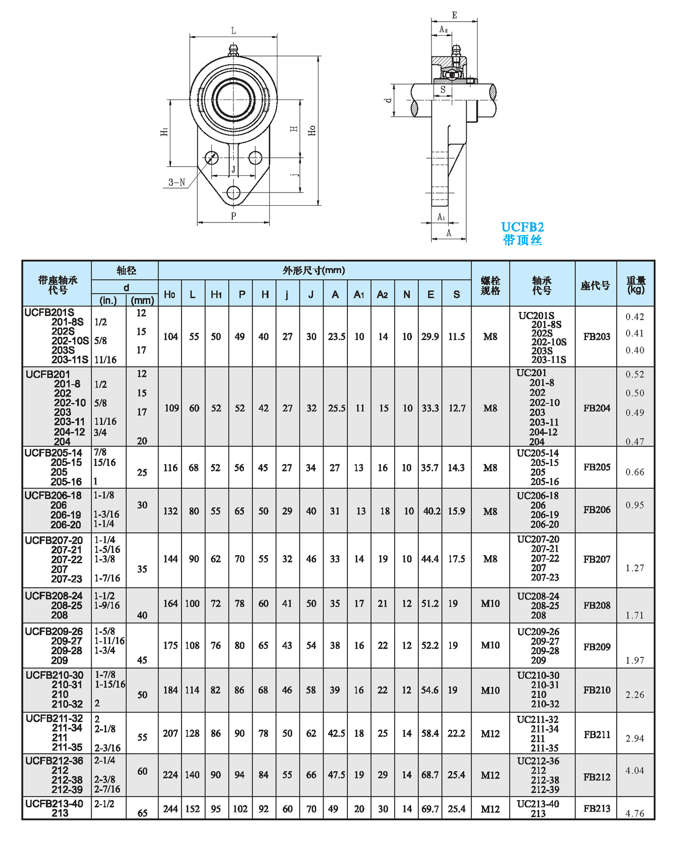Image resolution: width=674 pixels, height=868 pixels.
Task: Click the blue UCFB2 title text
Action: (x=522, y=227)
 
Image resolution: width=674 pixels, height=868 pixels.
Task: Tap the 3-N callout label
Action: (x=177, y=182)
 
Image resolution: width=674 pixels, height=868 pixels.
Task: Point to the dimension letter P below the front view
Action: (x=234, y=216)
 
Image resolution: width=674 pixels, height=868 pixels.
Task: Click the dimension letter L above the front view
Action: (x=234, y=31)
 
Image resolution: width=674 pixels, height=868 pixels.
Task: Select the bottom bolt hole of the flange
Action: (x=233, y=193)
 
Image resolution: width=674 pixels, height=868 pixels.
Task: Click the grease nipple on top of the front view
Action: (x=233, y=50)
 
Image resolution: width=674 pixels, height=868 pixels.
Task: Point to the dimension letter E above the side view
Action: (x=454, y=15)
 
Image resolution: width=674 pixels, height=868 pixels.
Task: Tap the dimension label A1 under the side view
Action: (x=441, y=217)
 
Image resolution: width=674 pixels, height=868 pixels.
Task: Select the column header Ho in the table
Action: (x=169, y=295)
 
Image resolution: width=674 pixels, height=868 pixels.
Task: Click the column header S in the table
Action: (x=456, y=295)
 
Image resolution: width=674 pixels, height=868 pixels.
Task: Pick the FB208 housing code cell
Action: (x=596, y=605)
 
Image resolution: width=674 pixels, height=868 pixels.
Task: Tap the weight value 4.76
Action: (x=635, y=813)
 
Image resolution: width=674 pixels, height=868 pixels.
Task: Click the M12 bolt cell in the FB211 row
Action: (x=490, y=733)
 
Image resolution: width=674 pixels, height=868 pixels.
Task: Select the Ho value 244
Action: (x=170, y=809)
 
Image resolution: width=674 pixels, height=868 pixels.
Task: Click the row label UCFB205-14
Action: (x=53, y=453)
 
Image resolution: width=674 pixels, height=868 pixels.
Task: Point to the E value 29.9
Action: (x=430, y=336)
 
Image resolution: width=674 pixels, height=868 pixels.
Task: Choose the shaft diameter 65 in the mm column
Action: (x=142, y=813)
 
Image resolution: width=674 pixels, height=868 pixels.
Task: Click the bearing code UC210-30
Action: (x=538, y=675)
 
